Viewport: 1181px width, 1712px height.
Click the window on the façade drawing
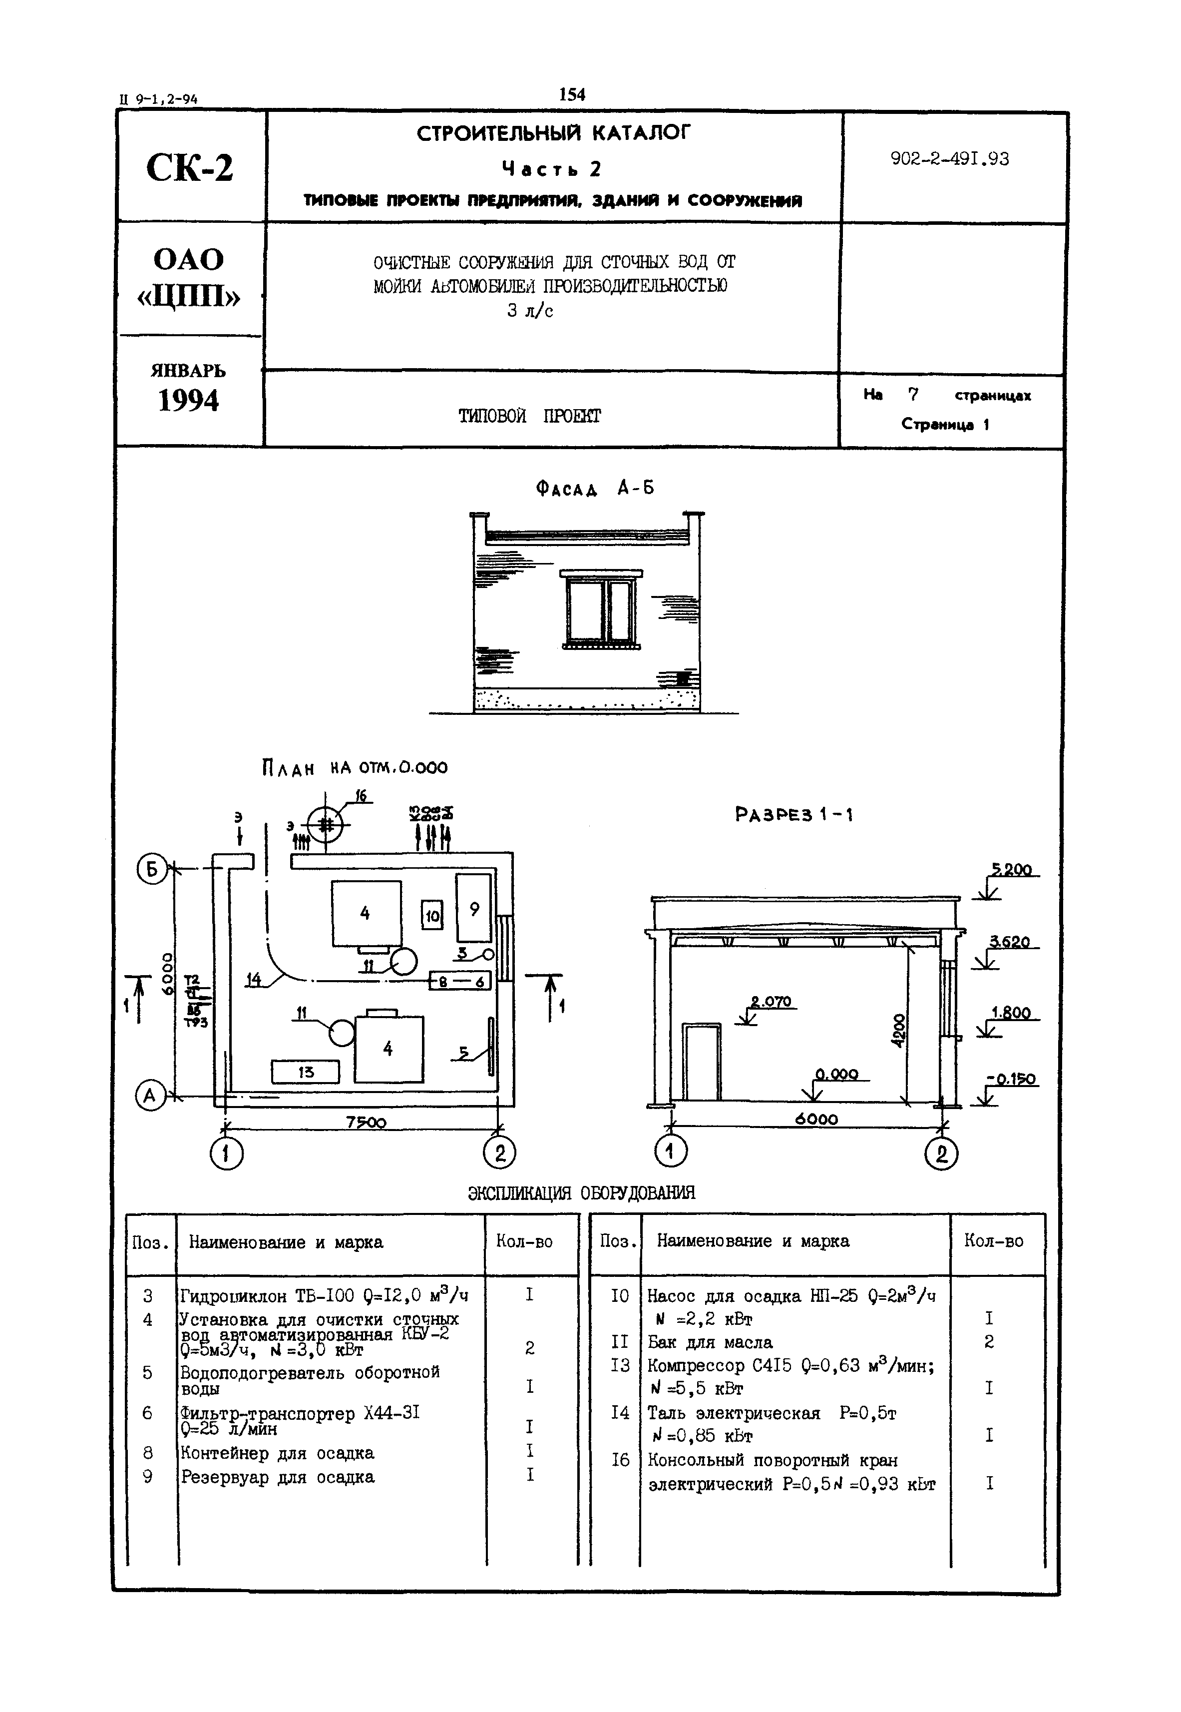[x=600, y=608]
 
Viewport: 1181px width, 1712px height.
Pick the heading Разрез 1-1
[x=794, y=815]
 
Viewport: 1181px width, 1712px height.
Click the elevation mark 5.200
[x=1012, y=870]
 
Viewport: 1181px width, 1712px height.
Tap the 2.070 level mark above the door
[x=771, y=1002]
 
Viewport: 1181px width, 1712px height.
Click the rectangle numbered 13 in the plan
[x=306, y=1072]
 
